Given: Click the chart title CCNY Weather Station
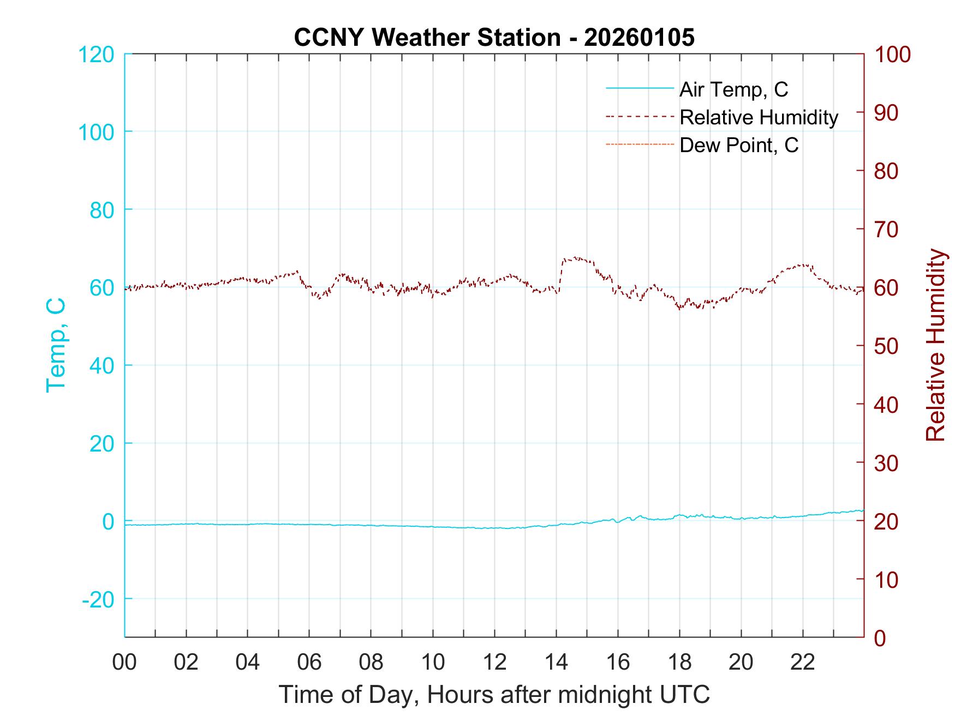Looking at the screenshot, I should tap(494, 37).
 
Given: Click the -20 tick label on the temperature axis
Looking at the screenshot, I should tap(98, 599).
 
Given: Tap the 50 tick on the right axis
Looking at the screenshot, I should tap(887, 346).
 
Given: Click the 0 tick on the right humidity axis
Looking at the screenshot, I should tap(880, 637).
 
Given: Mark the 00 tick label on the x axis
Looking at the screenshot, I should tap(124, 662).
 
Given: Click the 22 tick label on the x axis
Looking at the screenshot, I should tap(803, 662).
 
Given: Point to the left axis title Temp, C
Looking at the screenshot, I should tap(56, 345).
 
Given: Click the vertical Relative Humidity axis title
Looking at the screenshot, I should tap(935, 345).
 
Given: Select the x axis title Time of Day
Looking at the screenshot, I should tap(494, 695).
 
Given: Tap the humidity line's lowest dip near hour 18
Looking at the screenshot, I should tap(680, 309).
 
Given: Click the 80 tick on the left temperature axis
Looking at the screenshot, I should tap(102, 209).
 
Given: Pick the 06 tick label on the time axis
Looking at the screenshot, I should tap(309, 662).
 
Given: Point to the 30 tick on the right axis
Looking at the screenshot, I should tap(887, 462).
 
